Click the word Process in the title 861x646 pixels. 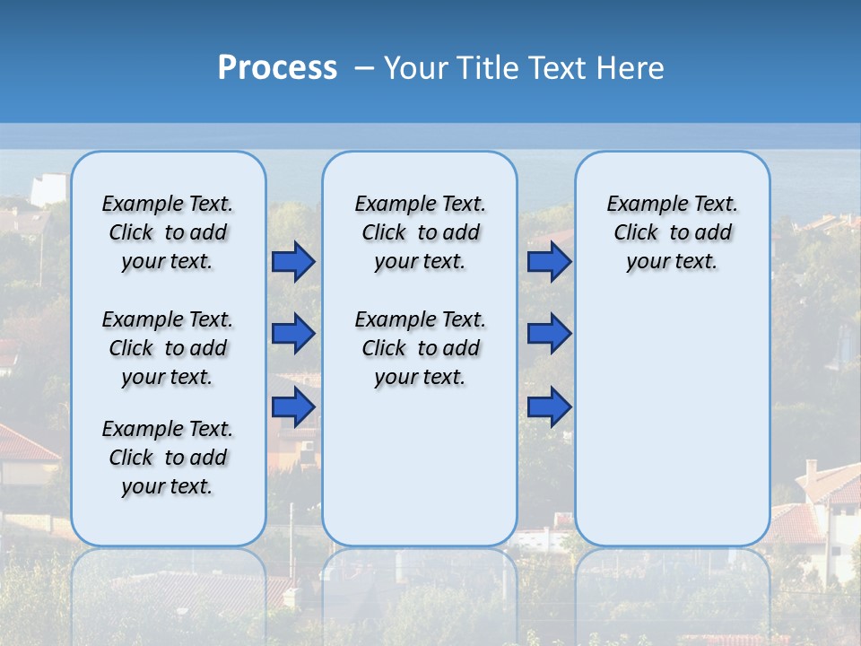[x=277, y=68]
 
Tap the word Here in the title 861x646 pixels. [x=628, y=68]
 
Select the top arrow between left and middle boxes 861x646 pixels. [x=293, y=261]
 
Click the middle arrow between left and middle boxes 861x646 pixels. [x=293, y=334]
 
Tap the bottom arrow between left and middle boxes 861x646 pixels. [x=293, y=406]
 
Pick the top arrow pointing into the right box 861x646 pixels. [x=549, y=261]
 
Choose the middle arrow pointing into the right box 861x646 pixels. [x=549, y=334]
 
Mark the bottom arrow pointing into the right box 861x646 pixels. [x=549, y=406]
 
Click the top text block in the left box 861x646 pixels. [x=168, y=232]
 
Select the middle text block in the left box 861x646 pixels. [x=168, y=348]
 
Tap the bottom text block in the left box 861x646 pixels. [x=168, y=458]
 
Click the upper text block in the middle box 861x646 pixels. [x=420, y=232]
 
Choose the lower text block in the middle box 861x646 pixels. [x=420, y=348]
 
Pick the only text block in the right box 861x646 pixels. [x=672, y=232]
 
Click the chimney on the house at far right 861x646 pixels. [x=811, y=470]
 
